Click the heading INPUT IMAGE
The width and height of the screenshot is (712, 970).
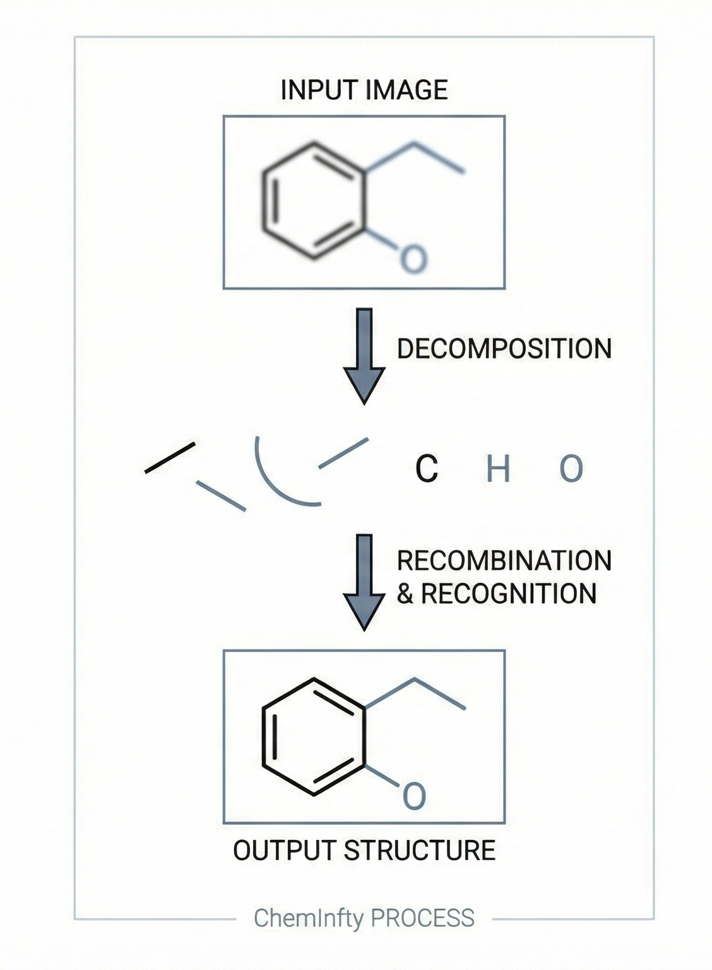[364, 90]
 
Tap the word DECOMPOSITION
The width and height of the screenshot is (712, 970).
[504, 349]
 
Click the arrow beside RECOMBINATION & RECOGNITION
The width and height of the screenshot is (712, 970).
[364, 582]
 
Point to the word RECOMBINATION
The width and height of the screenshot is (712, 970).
[504, 561]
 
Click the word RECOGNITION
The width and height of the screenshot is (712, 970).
[508, 594]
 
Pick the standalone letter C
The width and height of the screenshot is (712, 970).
[427, 469]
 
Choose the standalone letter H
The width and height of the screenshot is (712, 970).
[498, 469]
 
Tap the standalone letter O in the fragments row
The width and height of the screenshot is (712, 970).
[571, 469]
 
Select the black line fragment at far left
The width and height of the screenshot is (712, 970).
[170, 458]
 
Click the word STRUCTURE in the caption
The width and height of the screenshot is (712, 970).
[419, 851]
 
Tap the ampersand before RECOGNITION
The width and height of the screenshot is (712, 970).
[405, 594]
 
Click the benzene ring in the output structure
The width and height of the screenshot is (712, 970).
[314, 737]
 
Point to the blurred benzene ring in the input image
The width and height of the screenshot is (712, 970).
[314, 201]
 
